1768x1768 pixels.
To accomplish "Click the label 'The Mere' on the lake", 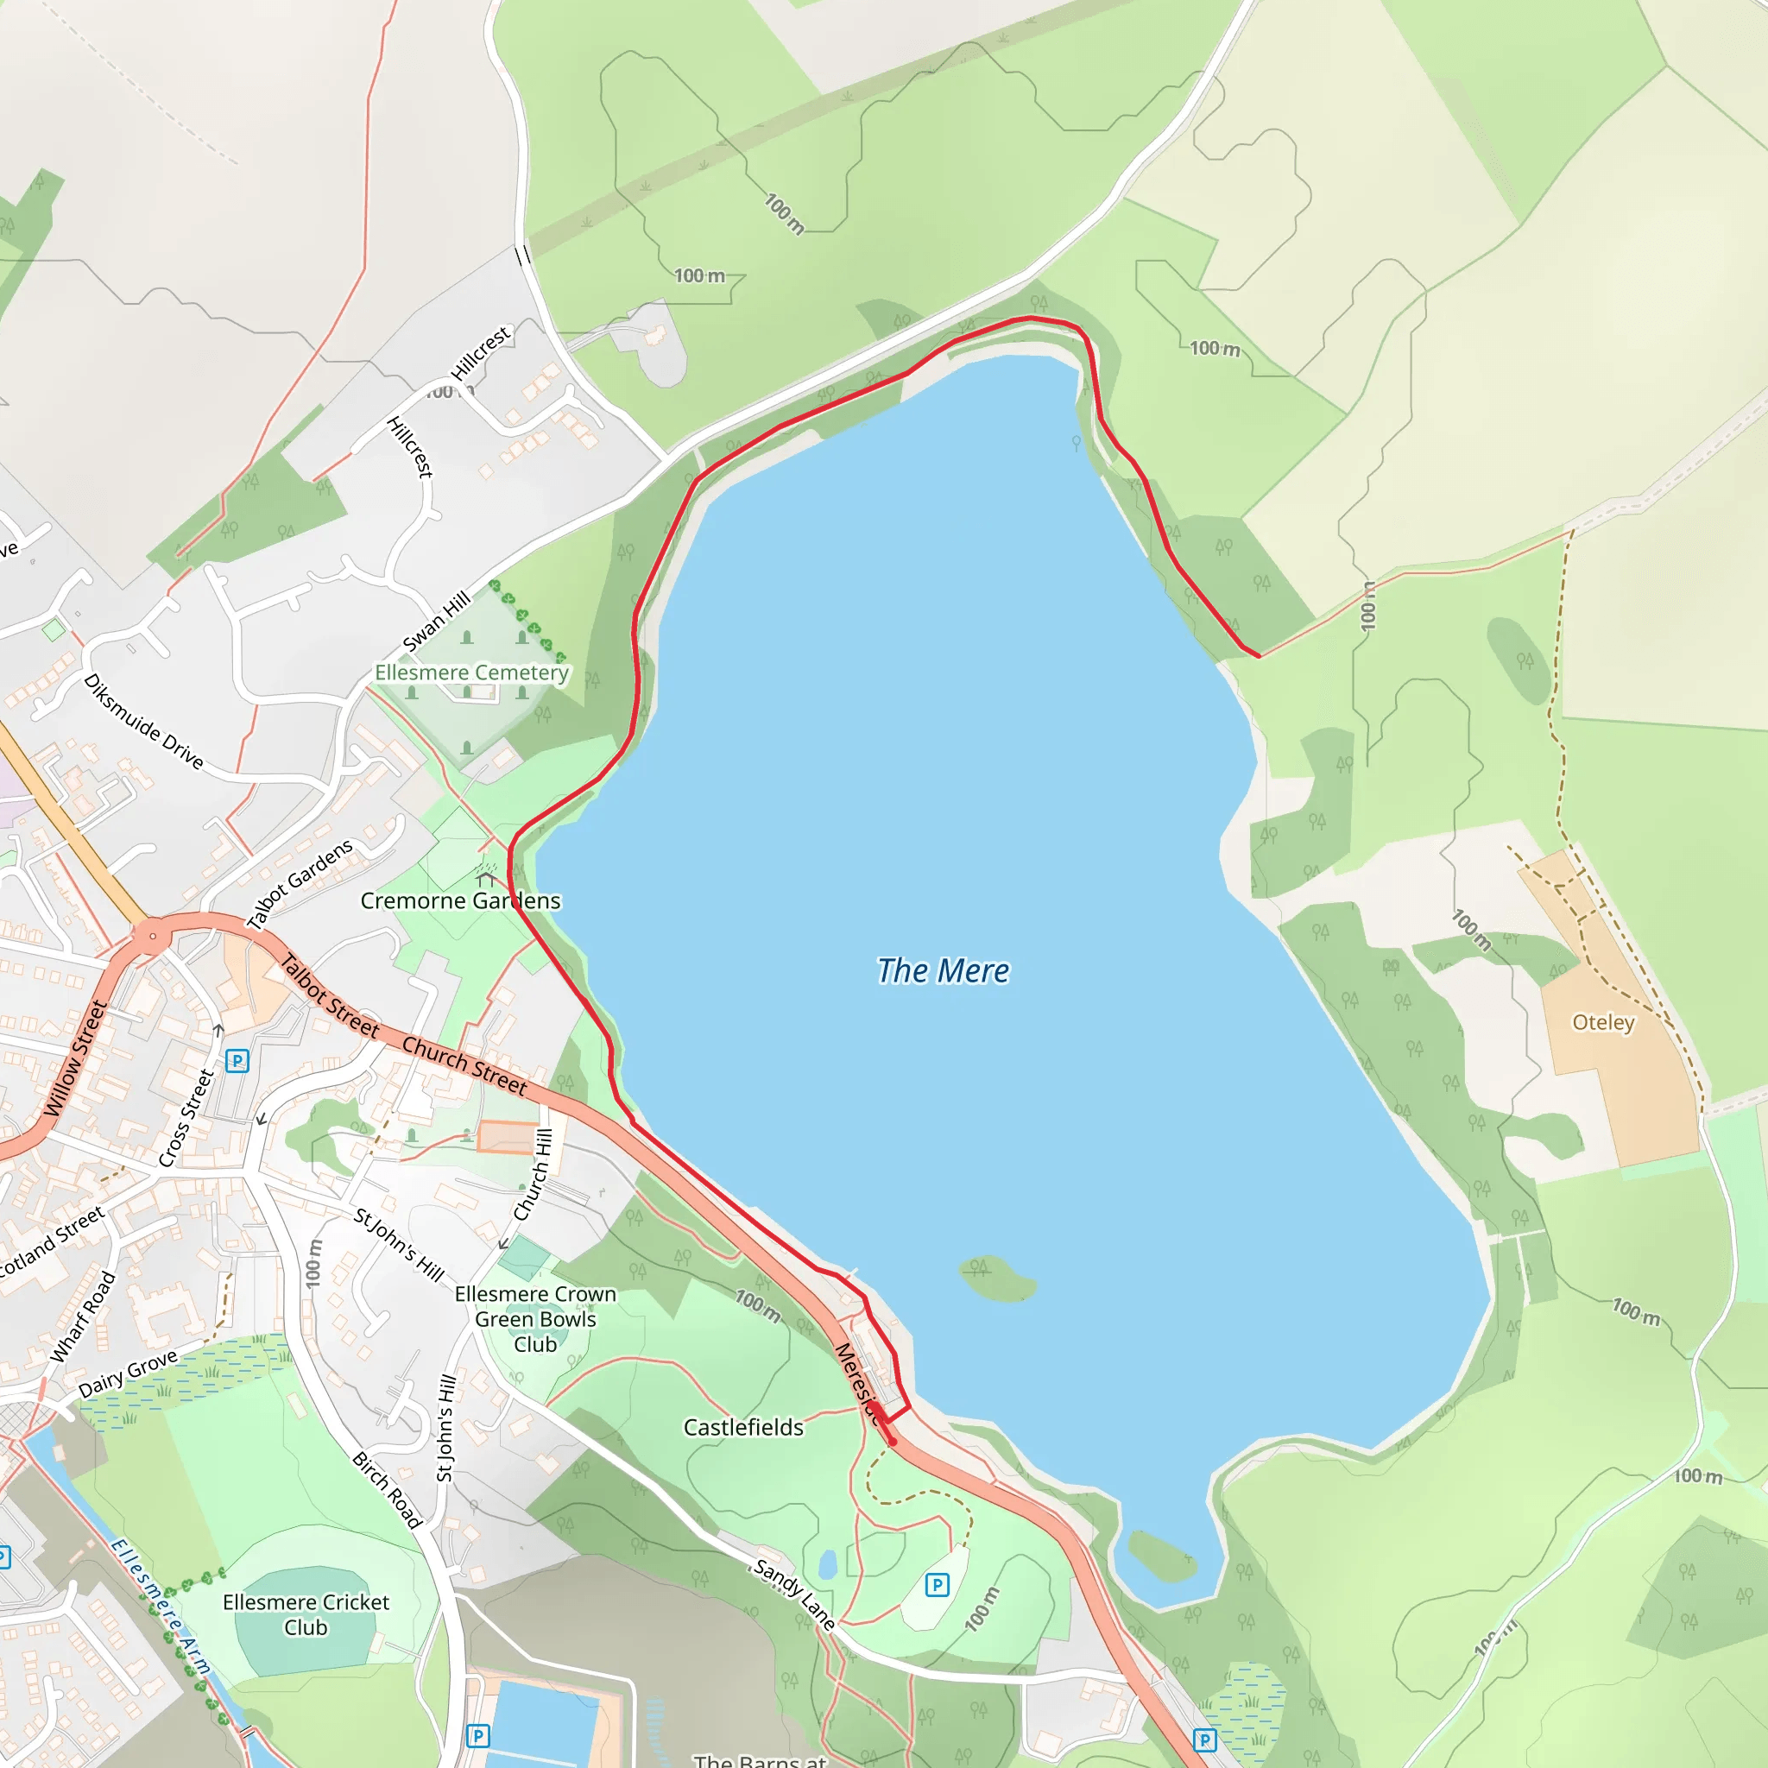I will point(943,971).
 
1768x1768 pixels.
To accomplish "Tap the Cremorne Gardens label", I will point(459,900).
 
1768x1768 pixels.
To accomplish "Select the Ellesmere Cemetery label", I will point(471,672).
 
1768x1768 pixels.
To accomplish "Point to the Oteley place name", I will point(1603,1022).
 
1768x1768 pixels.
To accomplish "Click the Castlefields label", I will point(743,1428).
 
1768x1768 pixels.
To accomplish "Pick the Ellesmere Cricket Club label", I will point(306,1614).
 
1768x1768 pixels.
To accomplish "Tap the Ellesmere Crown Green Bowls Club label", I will point(535,1319).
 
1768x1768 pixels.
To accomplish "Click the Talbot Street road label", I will point(330,995).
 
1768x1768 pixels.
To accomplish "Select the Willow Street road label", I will point(75,1058).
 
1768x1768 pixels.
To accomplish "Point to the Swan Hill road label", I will point(437,621).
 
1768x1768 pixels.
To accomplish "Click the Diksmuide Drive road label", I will point(142,721).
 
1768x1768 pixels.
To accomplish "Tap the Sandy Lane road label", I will point(793,1595).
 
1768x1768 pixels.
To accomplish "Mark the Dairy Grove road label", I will point(127,1374).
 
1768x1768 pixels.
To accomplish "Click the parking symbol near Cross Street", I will point(237,1061).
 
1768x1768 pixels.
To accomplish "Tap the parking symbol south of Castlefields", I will point(936,1585).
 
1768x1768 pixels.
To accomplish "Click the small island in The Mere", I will point(997,1278).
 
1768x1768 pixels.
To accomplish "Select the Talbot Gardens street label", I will point(300,883).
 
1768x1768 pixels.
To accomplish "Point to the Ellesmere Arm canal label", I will point(161,1607).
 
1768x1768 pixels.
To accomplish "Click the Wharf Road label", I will point(83,1317).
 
